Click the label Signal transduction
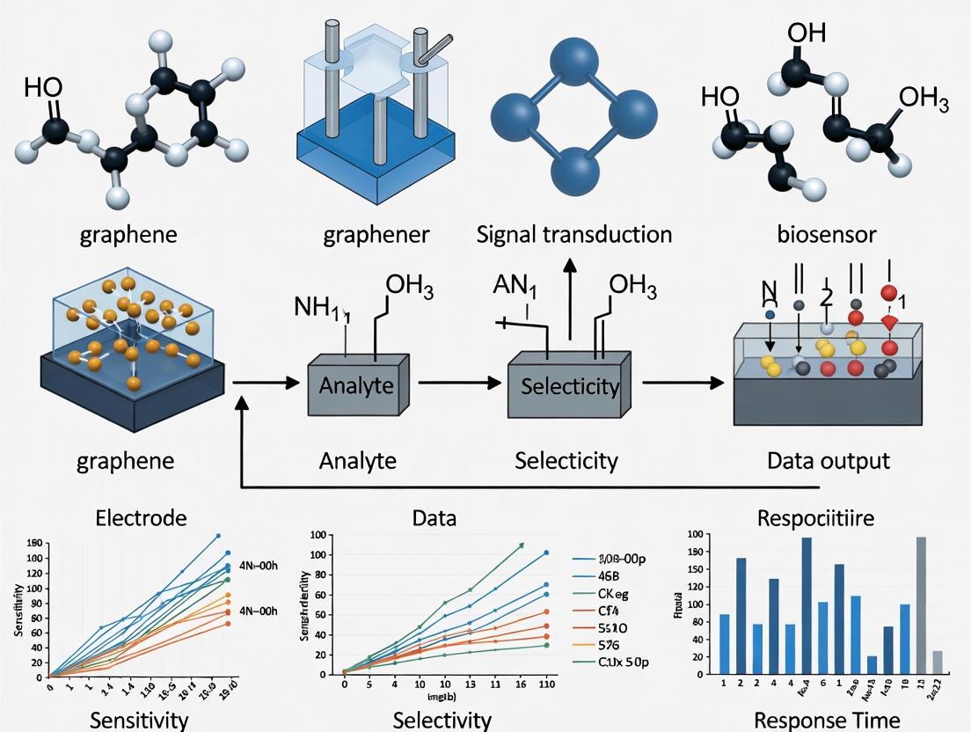point(574,235)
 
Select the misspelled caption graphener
point(376,235)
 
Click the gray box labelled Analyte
point(356,385)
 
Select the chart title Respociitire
point(815,518)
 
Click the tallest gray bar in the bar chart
point(921,606)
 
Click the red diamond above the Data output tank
point(888,323)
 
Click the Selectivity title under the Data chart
point(442,719)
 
